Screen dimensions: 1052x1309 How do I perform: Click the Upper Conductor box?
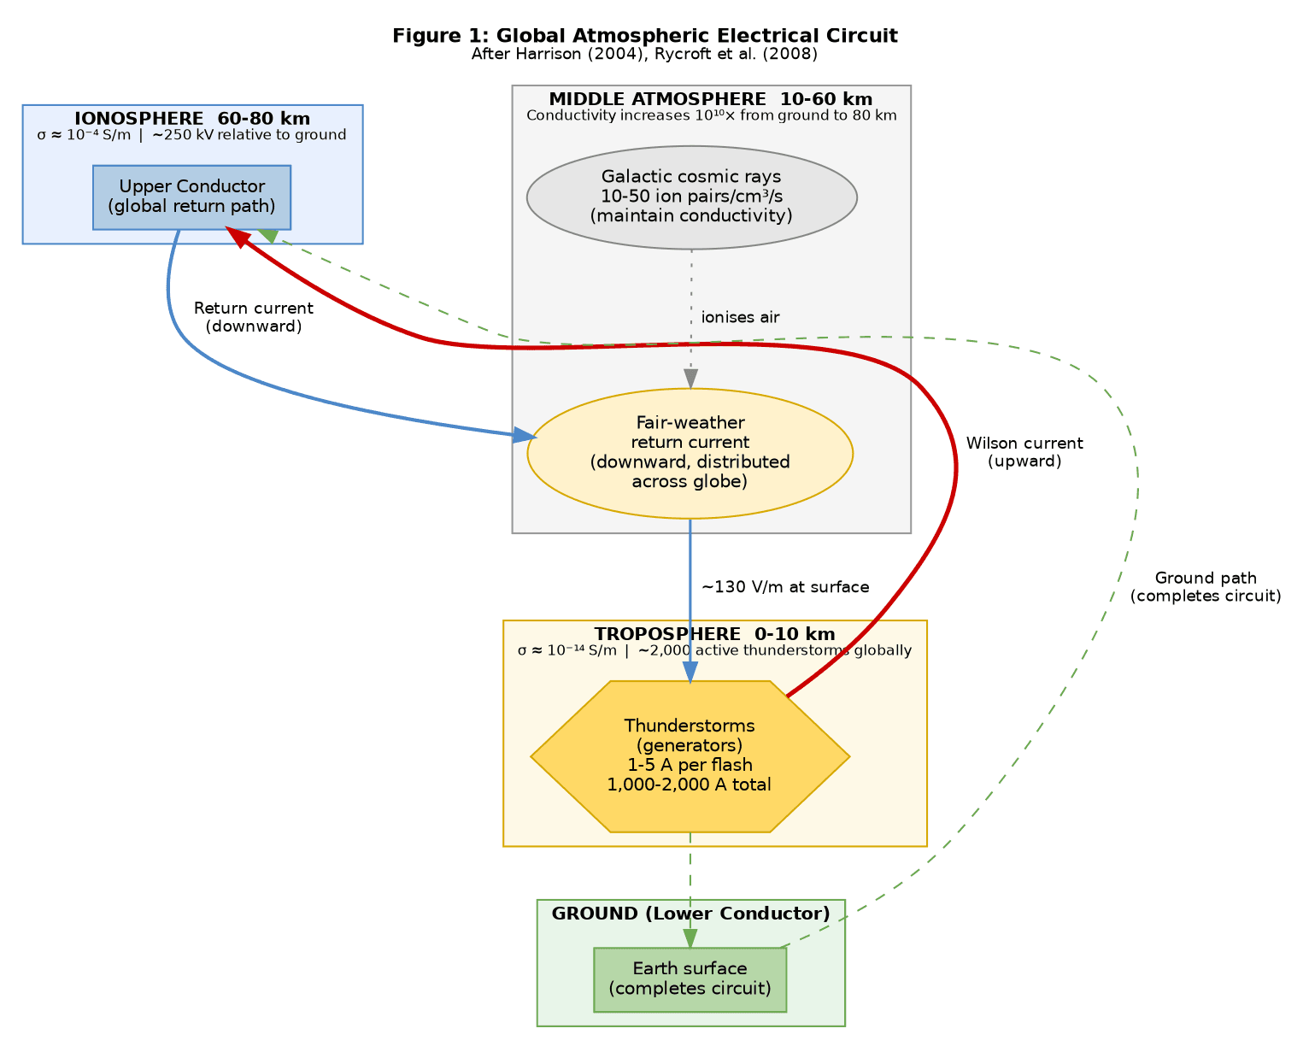coord(191,197)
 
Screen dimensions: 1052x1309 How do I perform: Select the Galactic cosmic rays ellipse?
coord(691,197)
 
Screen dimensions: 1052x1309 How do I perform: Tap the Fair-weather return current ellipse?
coord(690,453)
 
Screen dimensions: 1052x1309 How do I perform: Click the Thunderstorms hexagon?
coord(690,756)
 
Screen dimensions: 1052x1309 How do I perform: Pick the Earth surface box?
coord(690,979)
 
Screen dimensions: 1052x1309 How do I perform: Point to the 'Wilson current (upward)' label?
coord(1024,452)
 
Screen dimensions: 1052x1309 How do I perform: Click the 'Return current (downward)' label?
coord(253,317)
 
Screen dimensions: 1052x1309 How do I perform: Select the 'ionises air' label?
coord(740,318)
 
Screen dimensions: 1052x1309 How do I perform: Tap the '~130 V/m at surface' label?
coord(784,587)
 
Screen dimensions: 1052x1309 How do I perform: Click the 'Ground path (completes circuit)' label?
coord(1205,587)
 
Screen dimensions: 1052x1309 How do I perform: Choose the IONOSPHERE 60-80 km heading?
coord(192,119)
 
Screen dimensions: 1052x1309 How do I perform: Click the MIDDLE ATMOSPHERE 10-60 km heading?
coord(711,99)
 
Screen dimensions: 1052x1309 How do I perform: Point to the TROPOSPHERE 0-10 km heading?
coord(714,634)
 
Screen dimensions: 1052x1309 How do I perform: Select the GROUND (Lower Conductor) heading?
coord(690,914)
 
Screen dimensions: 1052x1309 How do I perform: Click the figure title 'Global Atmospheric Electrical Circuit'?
coord(644,36)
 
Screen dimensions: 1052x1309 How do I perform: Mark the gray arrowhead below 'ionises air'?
coord(690,379)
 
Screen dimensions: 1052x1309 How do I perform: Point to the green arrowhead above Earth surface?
coord(690,937)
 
